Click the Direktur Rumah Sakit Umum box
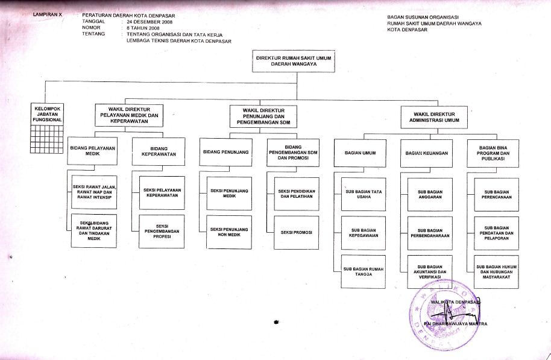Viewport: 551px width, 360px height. tap(294, 62)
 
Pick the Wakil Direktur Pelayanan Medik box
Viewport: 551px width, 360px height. tap(128, 115)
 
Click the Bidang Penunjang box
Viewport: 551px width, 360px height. tap(227, 153)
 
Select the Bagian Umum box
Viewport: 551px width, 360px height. tap(361, 153)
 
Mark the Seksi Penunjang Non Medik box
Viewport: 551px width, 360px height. tap(229, 232)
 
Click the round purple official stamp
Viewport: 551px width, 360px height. tap(446, 314)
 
